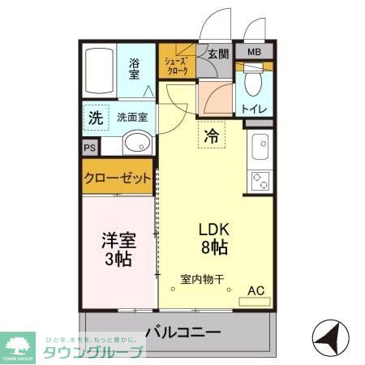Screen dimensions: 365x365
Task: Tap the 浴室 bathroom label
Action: click(135, 68)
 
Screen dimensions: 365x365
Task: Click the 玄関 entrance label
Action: click(217, 54)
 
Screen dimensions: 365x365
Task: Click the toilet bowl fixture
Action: click(255, 84)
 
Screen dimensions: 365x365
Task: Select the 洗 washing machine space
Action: click(96, 117)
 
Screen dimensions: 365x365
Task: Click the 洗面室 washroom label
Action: click(131, 117)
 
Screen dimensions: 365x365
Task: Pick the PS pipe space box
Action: click(88, 148)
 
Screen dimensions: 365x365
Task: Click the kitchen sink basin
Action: click(262, 148)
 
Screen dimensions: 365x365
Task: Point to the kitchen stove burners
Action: click(262, 180)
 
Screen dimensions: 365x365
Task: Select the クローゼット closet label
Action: click(118, 178)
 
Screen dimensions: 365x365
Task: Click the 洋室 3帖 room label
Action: click(118, 249)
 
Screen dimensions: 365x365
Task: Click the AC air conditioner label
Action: click(255, 290)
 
